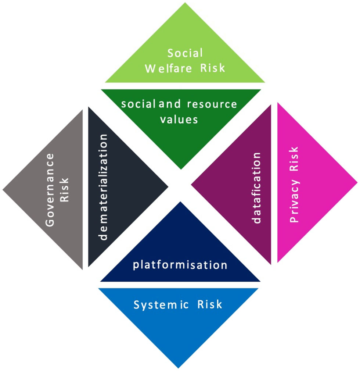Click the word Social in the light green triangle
[185, 53]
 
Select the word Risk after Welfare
[212, 68]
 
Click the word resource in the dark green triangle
[212, 104]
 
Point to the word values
[179, 119]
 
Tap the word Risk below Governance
[65, 190]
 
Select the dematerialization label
[104, 187]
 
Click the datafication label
[257, 188]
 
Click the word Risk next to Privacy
[294, 159]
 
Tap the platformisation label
[180, 265]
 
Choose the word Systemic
[161, 305]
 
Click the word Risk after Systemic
[210, 304]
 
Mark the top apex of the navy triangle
[180, 202]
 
